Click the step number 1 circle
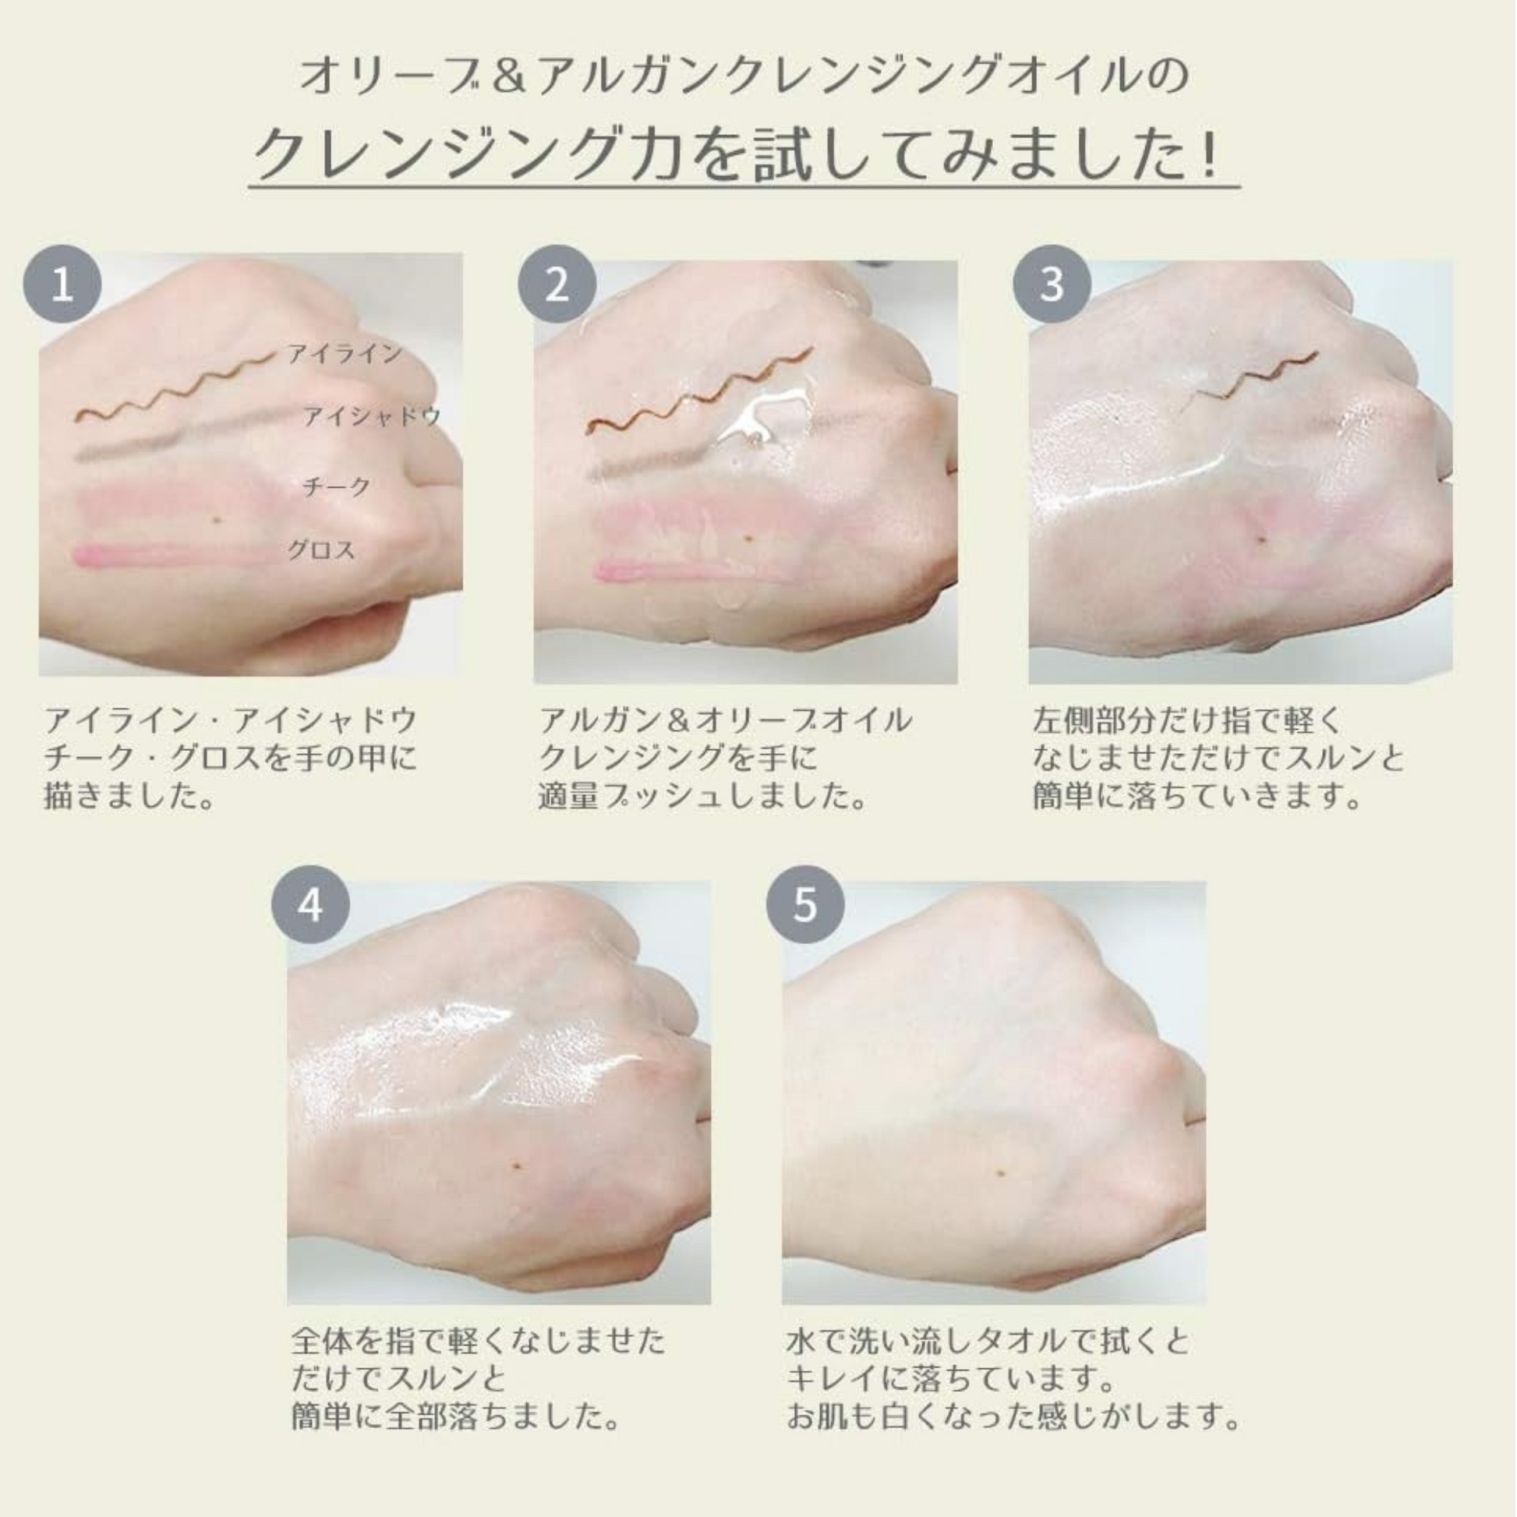click(x=62, y=285)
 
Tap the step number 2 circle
click(x=557, y=285)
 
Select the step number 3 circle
click(x=1052, y=285)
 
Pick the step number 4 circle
click(x=310, y=905)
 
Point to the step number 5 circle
click(x=805, y=905)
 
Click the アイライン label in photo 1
click(x=344, y=354)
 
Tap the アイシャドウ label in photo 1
click(x=371, y=416)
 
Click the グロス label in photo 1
click(x=321, y=550)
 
